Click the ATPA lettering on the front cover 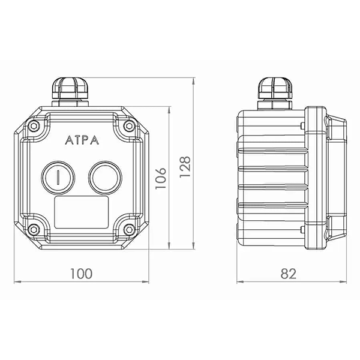pyautogui.click(x=82, y=140)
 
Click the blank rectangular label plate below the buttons pyautogui.click(x=81, y=212)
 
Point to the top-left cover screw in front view pyautogui.click(x=34, y=126)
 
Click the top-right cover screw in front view pyautogui.click(x=129, y=126)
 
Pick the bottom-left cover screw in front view pyautogui.click(x=34, y=229)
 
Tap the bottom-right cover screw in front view pyautogui.click(x=129, y=229)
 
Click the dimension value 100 pyautogui.click(x=81, y=274)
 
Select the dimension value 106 pyautogui.click(x=161, y=178)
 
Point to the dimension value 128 pyautogui.click(x=185, y=167)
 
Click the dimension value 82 pyautogui.click(x=289, y=274)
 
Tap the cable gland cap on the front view pyautogui.click(x=70, y=88)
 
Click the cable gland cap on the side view pyautogui.click(x=275, y=88)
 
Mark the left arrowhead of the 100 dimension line pyautogui.click(x=17, y=282)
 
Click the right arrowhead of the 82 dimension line pyautogui.click(x=343, y=282)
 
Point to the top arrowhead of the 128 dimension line pyautogui.click(x=194, y=81)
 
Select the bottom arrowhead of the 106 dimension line pyautogui.click(x=169, y=245)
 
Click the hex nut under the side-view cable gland pyautogui.click(x=275, y=104)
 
